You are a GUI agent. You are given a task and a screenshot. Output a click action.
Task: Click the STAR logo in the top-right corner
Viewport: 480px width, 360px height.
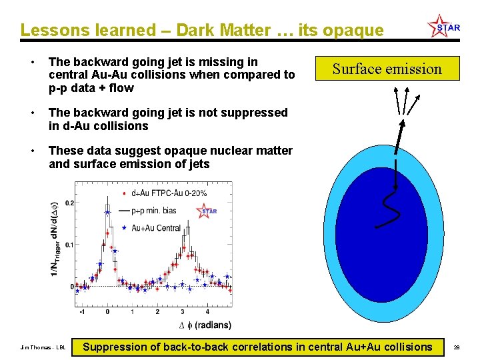coord(444,27)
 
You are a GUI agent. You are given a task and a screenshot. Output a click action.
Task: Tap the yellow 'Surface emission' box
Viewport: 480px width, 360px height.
coord(387,69)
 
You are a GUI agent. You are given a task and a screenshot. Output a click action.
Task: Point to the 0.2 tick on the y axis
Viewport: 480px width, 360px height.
coord(69,203)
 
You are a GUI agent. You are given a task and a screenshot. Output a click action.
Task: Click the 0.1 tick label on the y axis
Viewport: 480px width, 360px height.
coord(69,245)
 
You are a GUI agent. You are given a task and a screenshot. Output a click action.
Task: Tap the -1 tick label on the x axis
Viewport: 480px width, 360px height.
coord(81,311)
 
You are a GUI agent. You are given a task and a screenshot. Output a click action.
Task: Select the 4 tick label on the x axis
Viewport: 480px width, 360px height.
coord(207,311)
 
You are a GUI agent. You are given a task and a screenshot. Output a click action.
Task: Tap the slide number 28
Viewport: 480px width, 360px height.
coord(457,348)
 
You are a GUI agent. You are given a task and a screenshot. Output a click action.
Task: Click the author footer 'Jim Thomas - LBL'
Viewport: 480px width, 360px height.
coord(43,348)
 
